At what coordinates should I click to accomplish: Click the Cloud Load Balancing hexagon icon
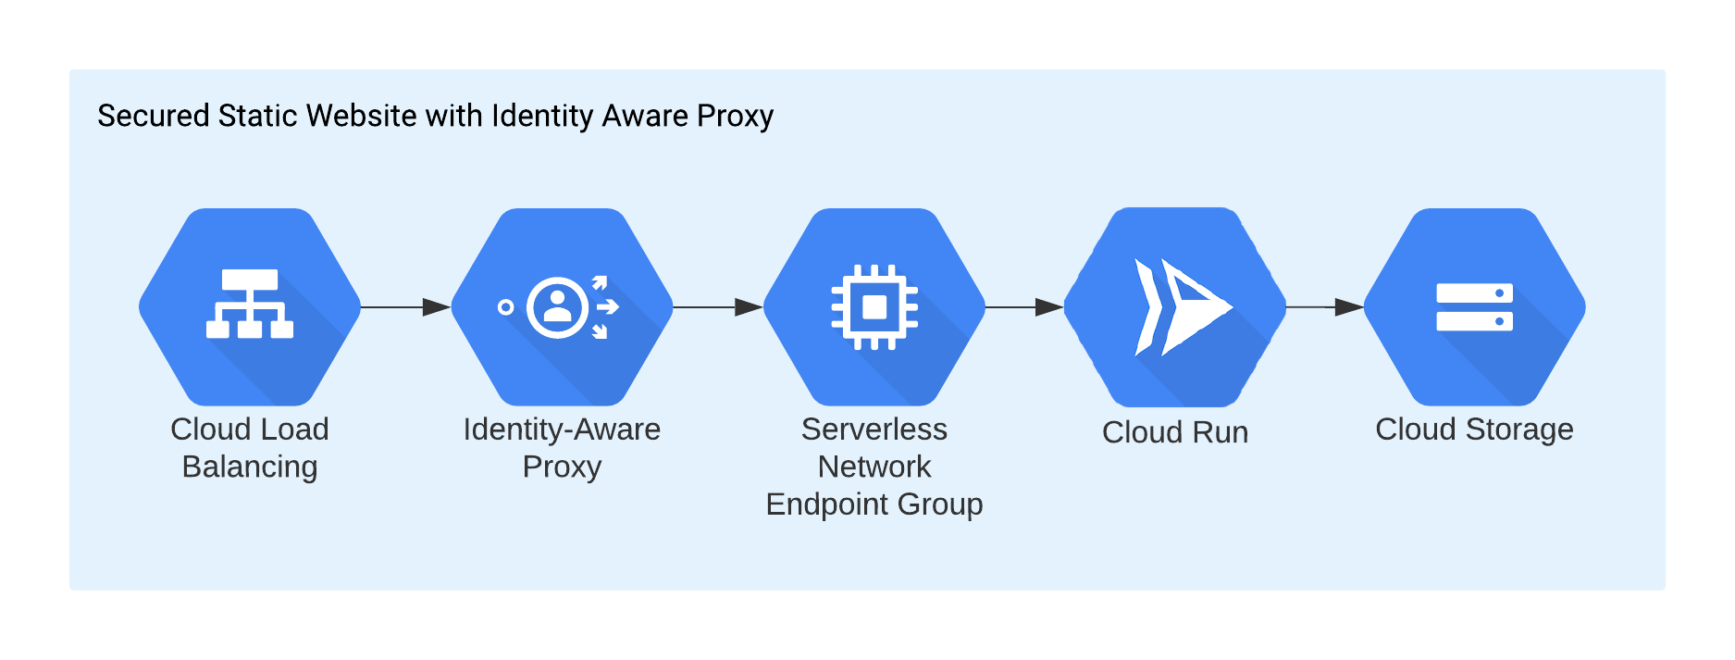pos(250,306)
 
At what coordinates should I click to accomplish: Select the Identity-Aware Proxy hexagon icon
pos(562,306)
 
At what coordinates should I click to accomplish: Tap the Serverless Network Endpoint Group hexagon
pos(874,306)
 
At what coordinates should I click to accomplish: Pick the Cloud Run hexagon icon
pos(1175,306)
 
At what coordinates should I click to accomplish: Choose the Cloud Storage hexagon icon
pos(1474,306)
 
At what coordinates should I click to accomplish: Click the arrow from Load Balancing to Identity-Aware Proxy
pos(405,306)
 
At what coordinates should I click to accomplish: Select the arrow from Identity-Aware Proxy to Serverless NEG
pos(718,306)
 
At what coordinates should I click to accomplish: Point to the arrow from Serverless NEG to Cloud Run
pos(1024,306)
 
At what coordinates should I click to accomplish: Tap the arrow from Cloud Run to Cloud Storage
pos(1325,306)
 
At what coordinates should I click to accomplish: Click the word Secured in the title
pos(153,117)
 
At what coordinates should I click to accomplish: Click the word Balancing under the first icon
pos(250,467)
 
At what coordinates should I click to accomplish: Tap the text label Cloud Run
pos(1175,432)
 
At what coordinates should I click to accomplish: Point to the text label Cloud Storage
pos(1474,430)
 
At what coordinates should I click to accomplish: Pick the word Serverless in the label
pos(874,430)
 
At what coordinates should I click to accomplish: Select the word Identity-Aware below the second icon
pos(562,430)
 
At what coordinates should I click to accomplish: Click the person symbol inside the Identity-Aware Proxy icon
pos(557,306)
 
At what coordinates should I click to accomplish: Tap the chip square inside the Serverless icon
pos(874,306)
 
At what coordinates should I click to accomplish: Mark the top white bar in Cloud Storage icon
pos(1474,293)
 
